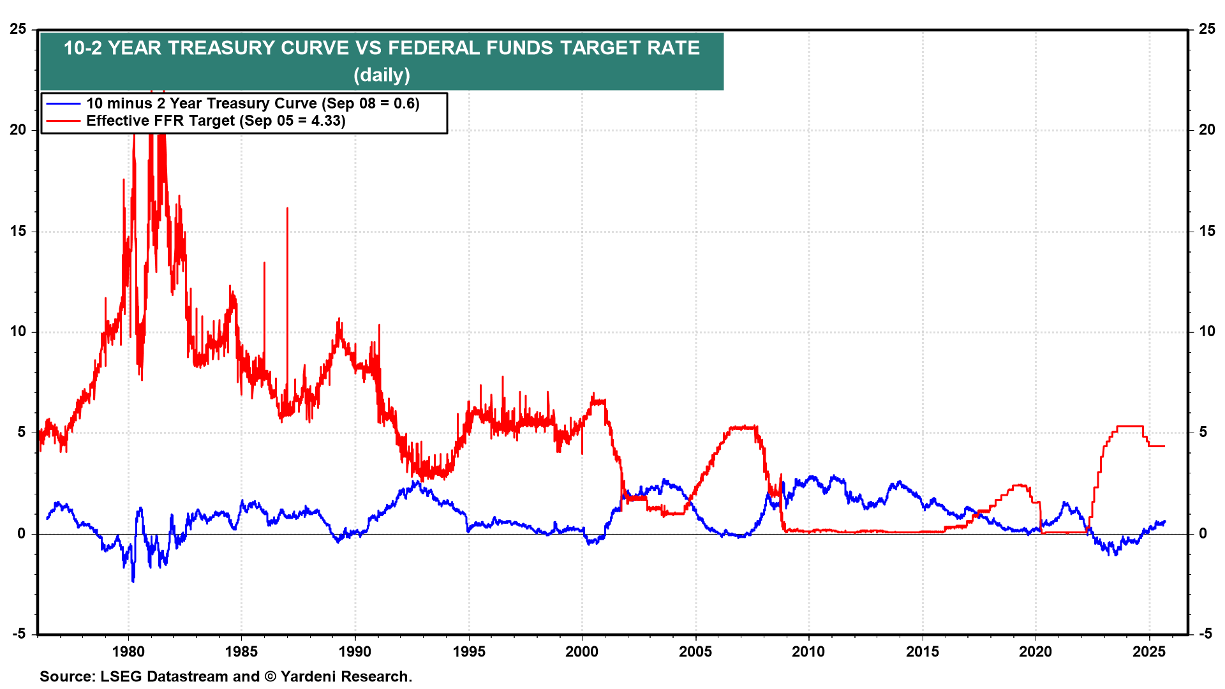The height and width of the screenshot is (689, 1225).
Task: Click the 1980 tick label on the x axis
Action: coord(128,651)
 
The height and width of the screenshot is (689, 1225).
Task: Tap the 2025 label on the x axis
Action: coord(1149,651)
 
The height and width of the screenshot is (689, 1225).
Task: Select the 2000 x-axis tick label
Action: coord(582,651)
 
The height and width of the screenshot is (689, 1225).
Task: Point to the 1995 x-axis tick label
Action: coord(469,651)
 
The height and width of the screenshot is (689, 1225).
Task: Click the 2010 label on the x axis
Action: coord(808,651)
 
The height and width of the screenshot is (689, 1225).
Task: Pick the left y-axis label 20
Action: coord(19,130)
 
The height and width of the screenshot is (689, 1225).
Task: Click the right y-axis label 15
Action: coord(1206,231)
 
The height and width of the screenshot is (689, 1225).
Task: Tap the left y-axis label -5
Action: coord(19,633)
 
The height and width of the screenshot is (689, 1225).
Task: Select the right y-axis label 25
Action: coord(1206,29)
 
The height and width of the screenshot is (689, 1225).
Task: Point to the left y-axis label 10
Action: coord(19,331)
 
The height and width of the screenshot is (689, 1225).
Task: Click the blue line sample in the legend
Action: coord(63,104)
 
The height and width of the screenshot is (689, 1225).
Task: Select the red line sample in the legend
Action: coord(63,121)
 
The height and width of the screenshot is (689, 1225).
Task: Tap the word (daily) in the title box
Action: coord(382,75)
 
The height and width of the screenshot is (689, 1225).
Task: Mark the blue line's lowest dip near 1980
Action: coord(133,580)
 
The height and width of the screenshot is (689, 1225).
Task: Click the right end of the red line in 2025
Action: coord(1164,446)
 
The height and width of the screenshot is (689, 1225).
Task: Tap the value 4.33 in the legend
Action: coord(327,121)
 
